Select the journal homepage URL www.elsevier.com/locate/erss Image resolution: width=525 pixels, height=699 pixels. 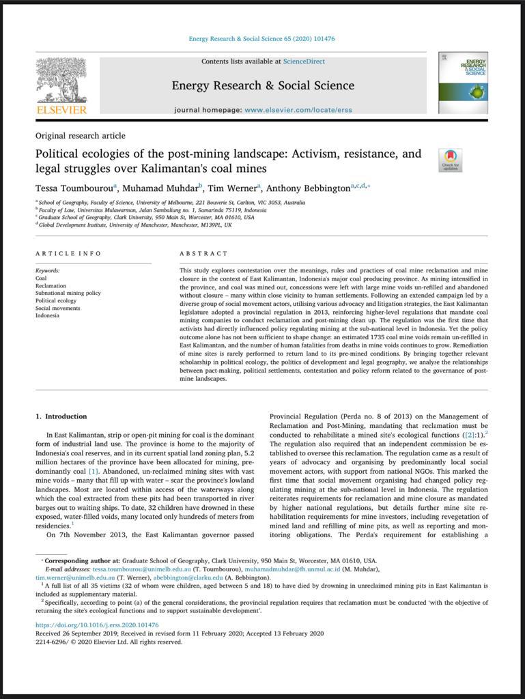[x=298, y=110]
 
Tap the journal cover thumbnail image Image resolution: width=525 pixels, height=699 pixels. [x=463, y=83]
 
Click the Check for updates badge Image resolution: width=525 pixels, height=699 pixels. [x=451, y=160]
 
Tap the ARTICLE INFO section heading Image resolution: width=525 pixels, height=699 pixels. [x=68, y=254]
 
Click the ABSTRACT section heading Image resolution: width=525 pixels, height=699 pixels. [x=203, y=254]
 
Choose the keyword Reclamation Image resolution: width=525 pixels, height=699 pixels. [x=51, y=286]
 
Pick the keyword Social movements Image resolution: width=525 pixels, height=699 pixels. [x=57, y=308]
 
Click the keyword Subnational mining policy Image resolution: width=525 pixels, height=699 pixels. [x=68, y=293]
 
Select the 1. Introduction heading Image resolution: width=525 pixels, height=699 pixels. [x=61, y=416]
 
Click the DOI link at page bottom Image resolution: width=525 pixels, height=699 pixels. [x=97, y=625]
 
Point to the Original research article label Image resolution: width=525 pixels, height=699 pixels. [x=80, y=136]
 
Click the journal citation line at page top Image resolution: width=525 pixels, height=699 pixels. [x=262, y=39]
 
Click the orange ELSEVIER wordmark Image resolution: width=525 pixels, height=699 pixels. [x=61, y=110]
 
